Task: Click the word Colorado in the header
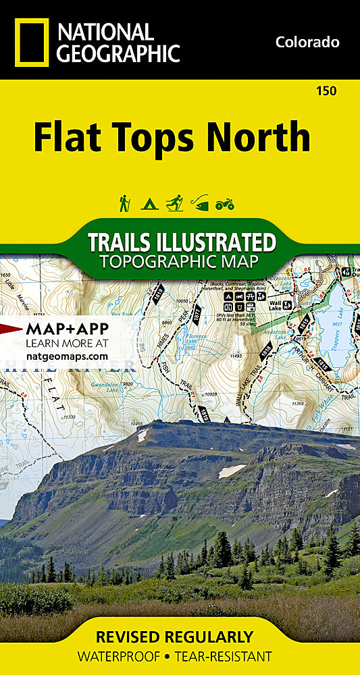pyautogui.click(x=307, y=42)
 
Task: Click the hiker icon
pyautogui.click(x=124, y=202)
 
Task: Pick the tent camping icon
pyautogui.click(x=149, y=203)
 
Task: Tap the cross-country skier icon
pyautogui.click(x=174, y=202)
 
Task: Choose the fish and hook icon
pyautogui.click(x=199, y=202)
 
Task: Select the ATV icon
pyautogui.click(x=224, y=203)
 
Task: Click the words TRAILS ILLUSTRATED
pyautogui.click(x=182, y=242)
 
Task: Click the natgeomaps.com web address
pyautogui.click(x=67, y=356)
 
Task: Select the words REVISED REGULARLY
pyautogui.click(x=175, y=637)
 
